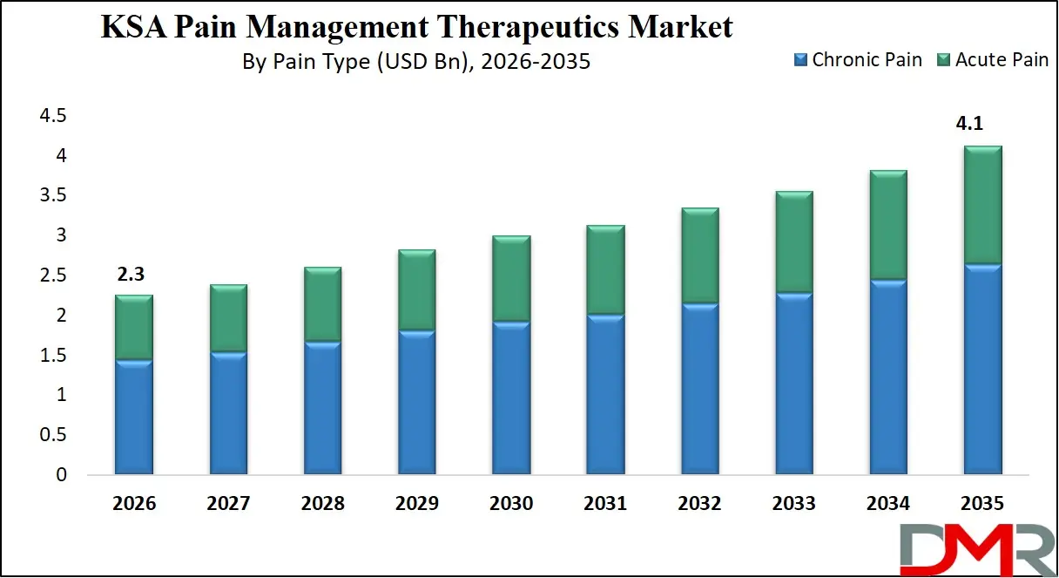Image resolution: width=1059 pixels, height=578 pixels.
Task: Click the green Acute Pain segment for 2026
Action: click(134, 328)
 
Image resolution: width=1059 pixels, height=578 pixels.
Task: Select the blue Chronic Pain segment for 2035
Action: click(981, 370)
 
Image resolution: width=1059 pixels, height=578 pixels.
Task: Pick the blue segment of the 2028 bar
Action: click(322, 408)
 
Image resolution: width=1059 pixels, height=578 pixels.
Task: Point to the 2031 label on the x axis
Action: click(604, 504)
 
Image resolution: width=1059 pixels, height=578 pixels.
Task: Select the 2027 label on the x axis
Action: click(228, 504)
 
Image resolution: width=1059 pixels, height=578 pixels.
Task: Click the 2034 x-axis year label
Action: click(887, 504)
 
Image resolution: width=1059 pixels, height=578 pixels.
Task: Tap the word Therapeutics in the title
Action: click(505, 28)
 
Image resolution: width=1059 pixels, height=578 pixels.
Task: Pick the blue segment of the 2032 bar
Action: click(698, 389)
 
